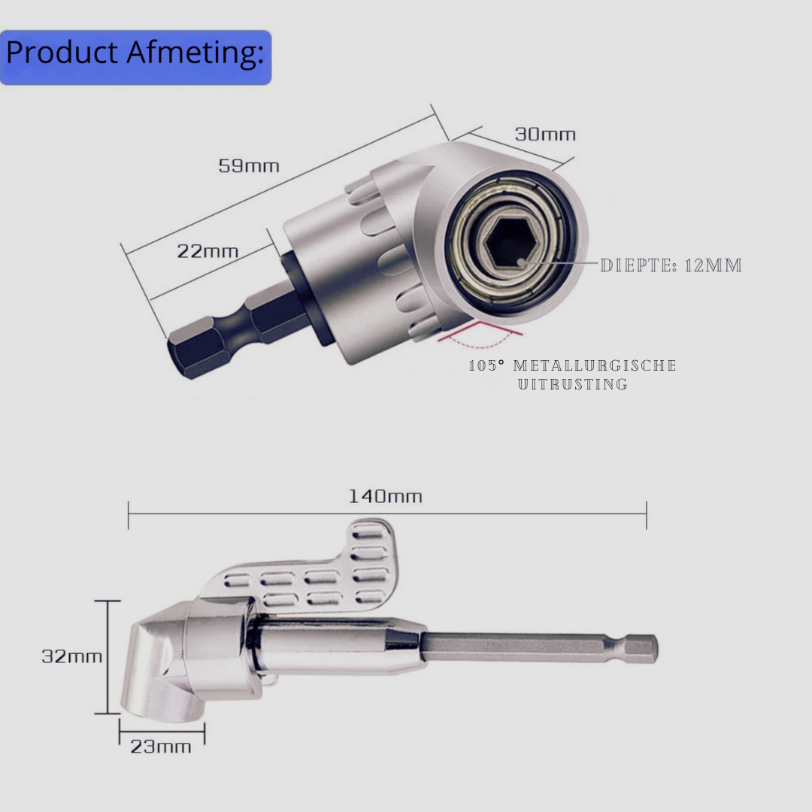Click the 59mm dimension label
coord(249,166)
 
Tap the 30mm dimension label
coord(545,135)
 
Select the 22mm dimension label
coord(208,251)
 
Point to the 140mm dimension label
coord(385,496)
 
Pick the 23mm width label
coord(161,747)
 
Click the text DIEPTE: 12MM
coord(671,265)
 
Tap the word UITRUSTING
coord(573,384)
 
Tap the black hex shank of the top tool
coord(233,331)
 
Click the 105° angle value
coord(486,365)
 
